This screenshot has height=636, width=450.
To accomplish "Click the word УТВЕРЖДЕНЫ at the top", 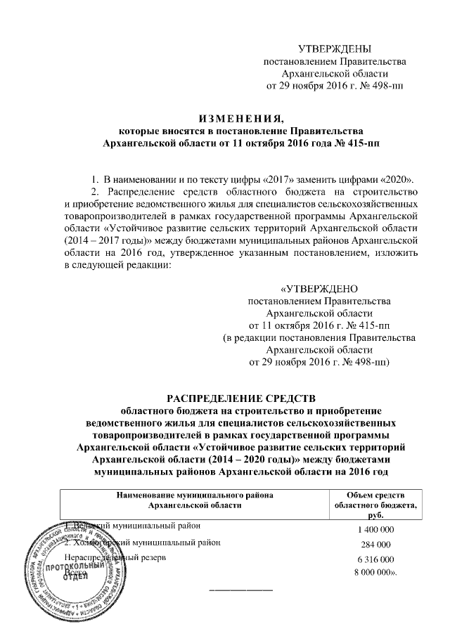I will point(334,48).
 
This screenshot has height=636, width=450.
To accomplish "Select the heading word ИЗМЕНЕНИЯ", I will point(239,117).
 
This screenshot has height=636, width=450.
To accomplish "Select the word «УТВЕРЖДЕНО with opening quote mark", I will point(320,289).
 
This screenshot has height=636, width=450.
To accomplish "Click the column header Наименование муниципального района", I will point(194,495).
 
